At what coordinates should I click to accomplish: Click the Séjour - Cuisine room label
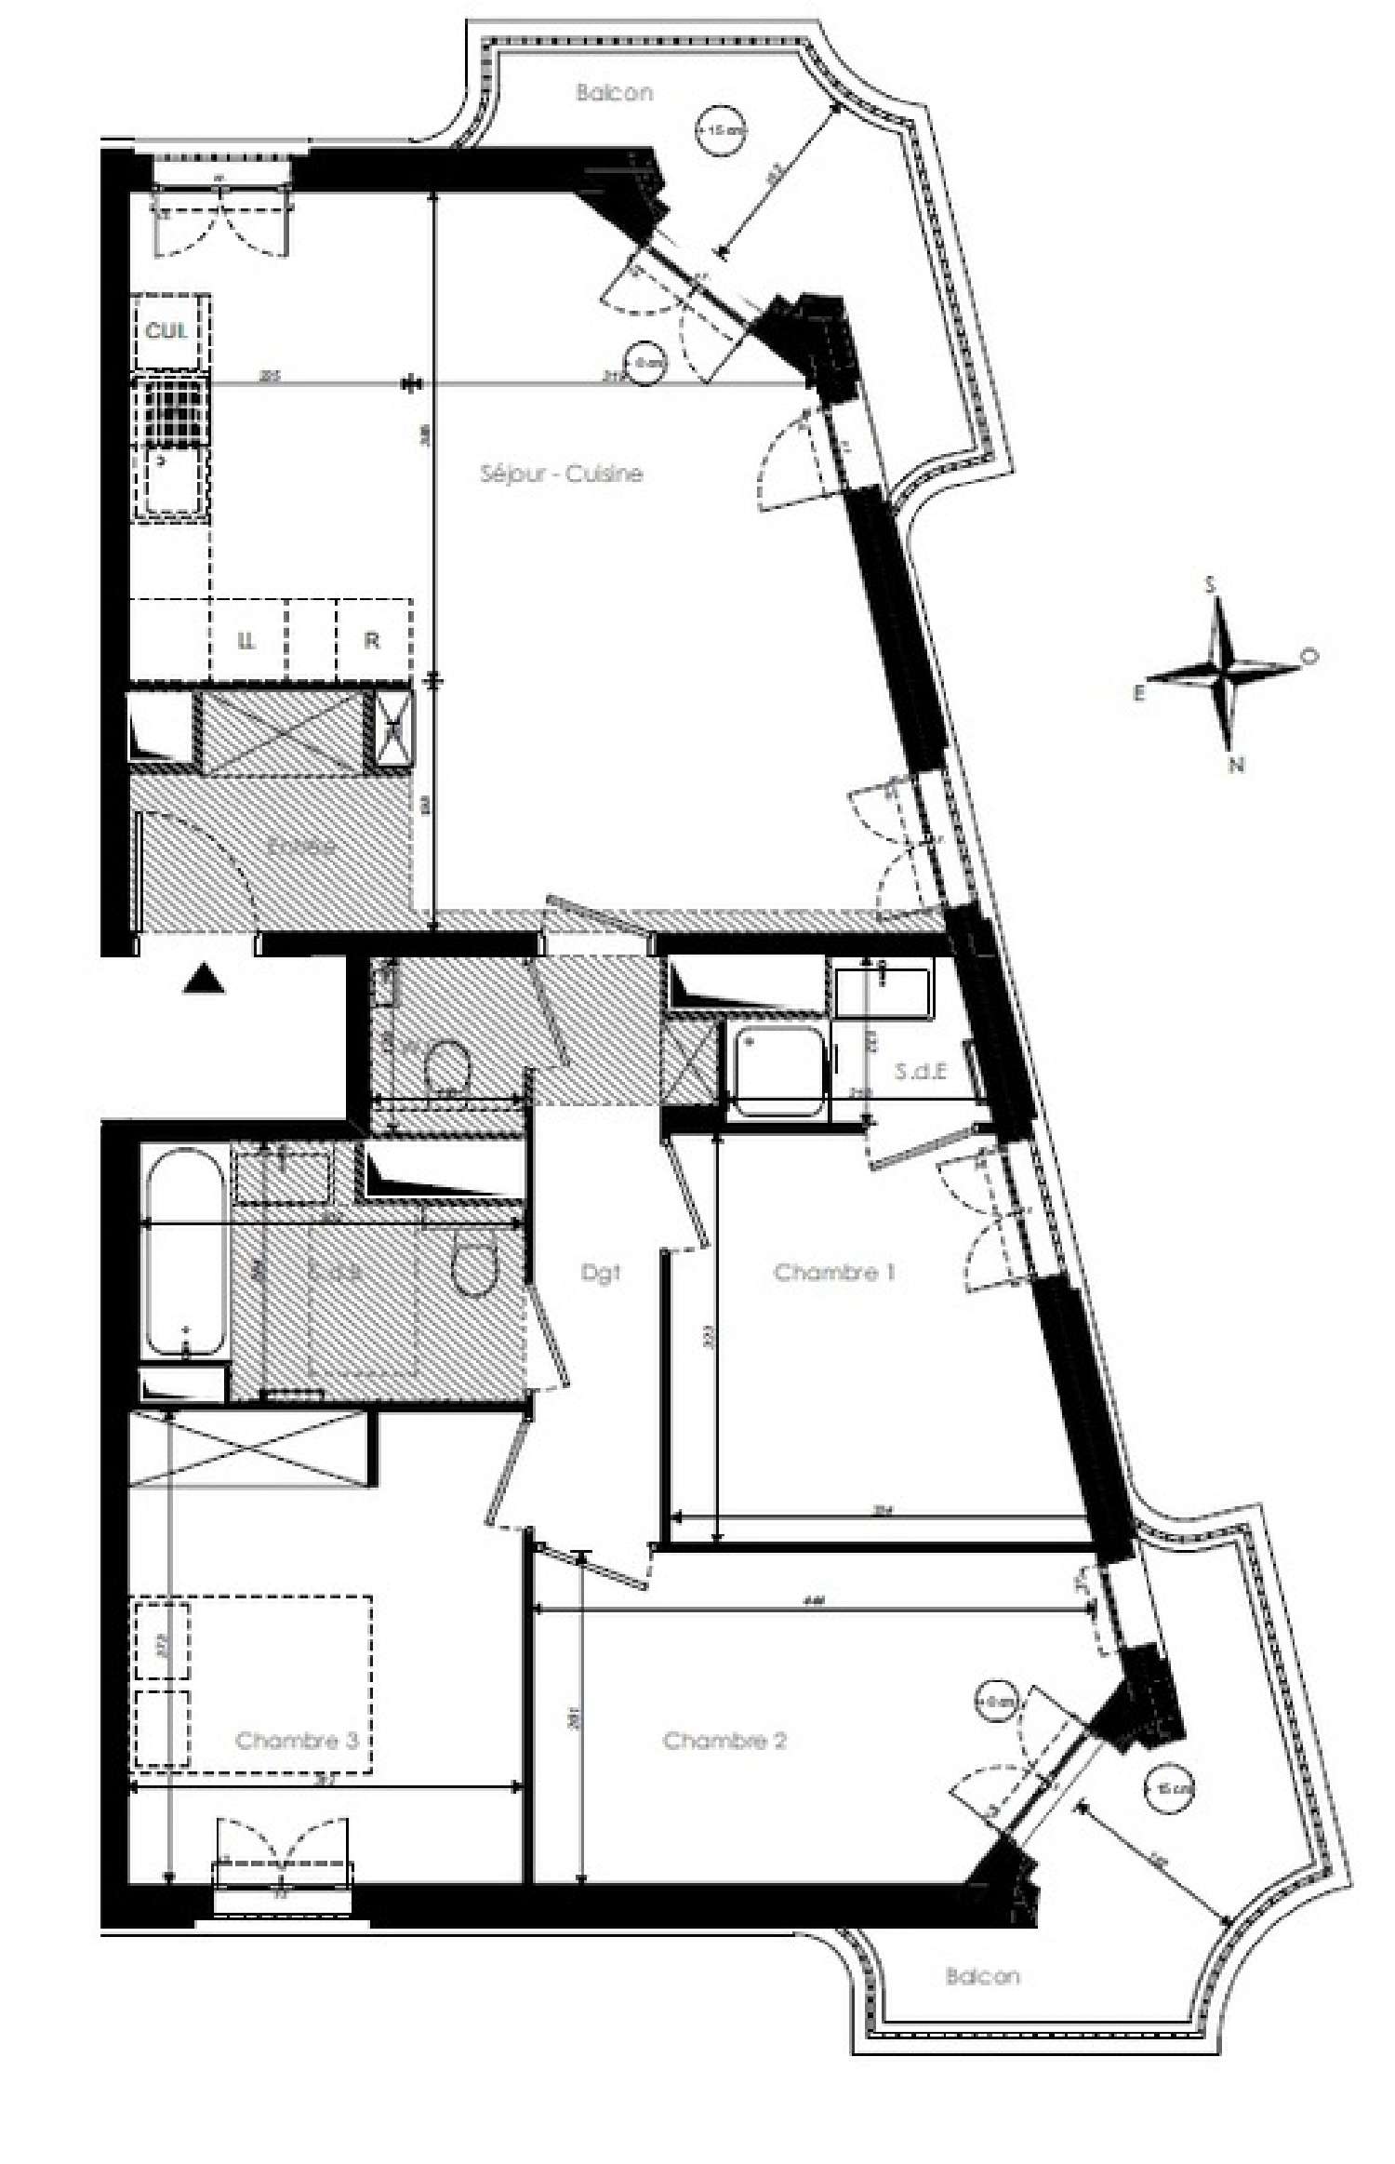point(561,474)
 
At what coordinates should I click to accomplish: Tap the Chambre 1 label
point(834,1272)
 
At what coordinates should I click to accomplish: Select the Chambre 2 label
point(724,1741)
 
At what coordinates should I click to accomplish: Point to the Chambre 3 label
point(297,1741)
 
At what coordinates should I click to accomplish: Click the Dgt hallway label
point(600,1273)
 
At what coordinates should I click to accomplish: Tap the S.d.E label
point(921,1071)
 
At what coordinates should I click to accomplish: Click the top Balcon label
point(614,92)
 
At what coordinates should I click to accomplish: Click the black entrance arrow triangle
point(204,980)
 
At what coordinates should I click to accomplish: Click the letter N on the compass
point(1236,765)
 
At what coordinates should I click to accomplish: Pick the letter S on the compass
point(1210,584)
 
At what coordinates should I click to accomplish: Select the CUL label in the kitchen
point(166,330)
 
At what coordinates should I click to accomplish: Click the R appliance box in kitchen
point(372,640)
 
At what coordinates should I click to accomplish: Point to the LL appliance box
point(246,640)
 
